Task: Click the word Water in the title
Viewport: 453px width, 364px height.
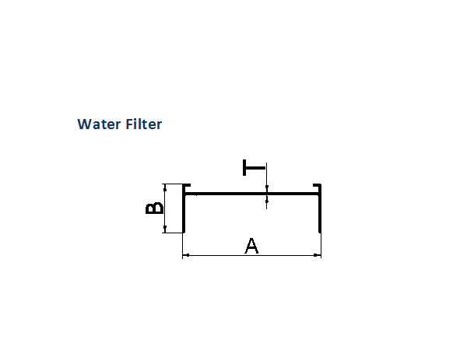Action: (99, 124)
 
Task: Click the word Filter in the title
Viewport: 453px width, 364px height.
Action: (144, 124)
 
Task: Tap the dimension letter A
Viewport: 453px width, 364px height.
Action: (251, 246)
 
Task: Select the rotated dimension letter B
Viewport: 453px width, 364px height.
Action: (154, 208)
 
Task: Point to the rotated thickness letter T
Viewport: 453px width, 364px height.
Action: (254, 167)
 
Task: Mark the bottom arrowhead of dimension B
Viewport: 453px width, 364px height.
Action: (165, 229)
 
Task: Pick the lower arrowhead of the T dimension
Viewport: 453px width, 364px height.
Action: (267, 199)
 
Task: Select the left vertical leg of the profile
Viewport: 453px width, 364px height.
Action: (184, 208)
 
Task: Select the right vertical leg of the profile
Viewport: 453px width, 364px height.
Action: (320, 208)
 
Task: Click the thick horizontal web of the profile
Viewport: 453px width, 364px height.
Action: (251, 194)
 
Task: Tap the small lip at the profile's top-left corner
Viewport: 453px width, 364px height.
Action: (187, 185)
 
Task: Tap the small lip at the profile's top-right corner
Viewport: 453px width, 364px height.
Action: (318, 185)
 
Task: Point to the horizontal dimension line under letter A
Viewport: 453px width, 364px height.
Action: (251, 255)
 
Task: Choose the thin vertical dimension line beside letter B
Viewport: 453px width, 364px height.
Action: (165, 208)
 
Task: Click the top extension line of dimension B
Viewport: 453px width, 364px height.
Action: (172, 184)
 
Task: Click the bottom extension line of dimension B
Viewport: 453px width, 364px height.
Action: (172, 233)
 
